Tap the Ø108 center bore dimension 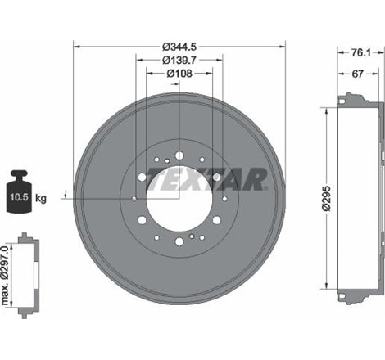179,74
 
